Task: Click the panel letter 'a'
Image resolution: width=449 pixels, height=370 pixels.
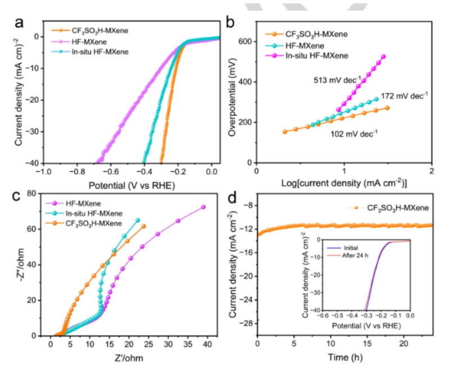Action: [21, 23]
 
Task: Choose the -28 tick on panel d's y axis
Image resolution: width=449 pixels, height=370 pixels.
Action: [245, 321]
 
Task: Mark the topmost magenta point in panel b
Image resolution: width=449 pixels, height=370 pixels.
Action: [383, 57]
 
